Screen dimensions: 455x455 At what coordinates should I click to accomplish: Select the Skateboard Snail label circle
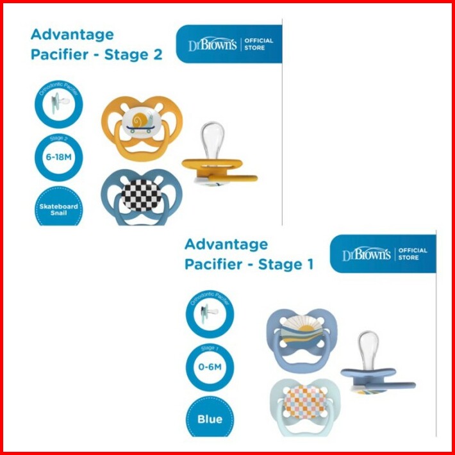click(x=58, y=208)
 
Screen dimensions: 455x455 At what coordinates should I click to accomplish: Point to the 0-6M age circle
click(x=210, y=366)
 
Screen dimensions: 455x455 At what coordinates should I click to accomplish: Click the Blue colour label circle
click(x=210, y=418)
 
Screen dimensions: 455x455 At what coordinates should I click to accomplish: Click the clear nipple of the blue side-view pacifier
click(x=368, y=349)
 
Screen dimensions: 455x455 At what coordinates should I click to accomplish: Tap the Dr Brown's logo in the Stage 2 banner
click(x=213, y=45)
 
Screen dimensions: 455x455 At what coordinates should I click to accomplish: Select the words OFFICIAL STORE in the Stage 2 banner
click(x=260, y=44)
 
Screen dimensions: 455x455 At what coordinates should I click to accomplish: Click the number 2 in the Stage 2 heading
click(x=157, y=54)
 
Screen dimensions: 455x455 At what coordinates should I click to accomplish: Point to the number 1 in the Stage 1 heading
click(x=309, y=264)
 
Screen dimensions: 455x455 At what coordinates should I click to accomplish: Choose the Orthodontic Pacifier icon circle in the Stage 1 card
click(x=210, y=313)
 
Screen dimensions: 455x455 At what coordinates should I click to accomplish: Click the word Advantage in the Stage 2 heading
click(x=72, y=34)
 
